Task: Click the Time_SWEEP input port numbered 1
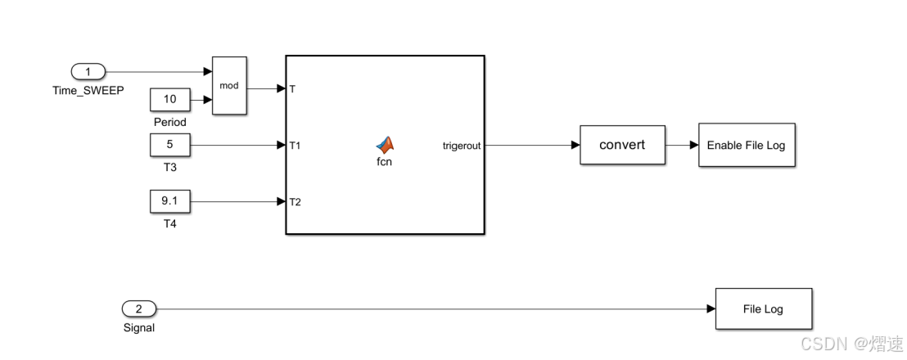click(x=88, y=72)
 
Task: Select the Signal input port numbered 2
click(x=138, y=308)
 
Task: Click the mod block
click(x=228, y=85)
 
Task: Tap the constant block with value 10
click(x=170, y=100)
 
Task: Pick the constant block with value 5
click(x=170, y=146)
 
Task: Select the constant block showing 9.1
click(x=170, y=200)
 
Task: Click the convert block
click(x=622, y=146)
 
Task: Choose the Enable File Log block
click(x=747, y=146)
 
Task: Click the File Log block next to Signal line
click(x=763, y=308)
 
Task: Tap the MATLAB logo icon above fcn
click(x=385, y=144)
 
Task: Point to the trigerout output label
click(x=461, y=146)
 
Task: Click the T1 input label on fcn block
click(x=296, y=146)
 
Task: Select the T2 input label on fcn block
click(x=296, y=201)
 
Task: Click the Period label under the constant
click(x=170, y=122)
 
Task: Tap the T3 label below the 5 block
click(x=170, y=167)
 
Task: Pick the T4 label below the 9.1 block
click(x=170, y=223)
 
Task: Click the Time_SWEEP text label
click(x=88, y=91)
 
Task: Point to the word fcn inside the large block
click(x=385, y=161)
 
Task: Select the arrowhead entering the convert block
click(x=575, y=146)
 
